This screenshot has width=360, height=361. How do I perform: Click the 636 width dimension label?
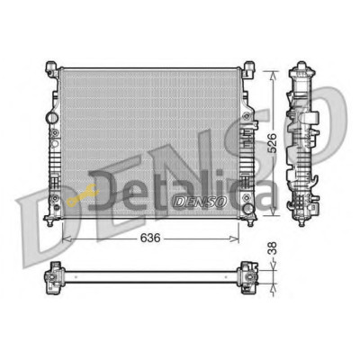click(150, 239)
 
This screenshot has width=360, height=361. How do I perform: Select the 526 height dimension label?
click(272, 143)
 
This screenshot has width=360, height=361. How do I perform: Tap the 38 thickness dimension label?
click(273, 248)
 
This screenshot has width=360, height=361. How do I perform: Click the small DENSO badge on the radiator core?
click(200, 201)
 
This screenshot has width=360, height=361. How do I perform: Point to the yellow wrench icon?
click(81, 194)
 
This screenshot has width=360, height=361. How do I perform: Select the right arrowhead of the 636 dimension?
click(234, 239)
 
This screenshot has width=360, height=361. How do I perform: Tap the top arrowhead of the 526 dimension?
click(273, 76)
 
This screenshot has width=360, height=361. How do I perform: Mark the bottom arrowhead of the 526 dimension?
click(273, 211)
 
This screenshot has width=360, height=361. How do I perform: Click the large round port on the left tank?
click(51, 117)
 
